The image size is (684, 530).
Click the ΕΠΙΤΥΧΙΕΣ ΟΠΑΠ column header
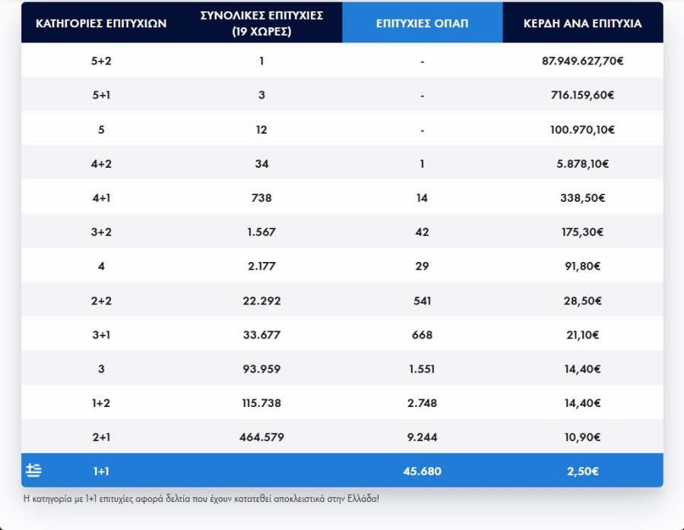[422, 23]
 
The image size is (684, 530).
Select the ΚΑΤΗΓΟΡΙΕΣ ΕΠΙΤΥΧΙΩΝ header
[101, 23]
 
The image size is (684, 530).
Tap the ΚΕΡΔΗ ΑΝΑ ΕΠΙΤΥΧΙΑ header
[582, 23]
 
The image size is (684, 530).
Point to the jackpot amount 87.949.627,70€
[582, 61]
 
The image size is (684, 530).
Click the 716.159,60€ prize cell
[582, 96]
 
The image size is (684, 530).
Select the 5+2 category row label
[101, 61]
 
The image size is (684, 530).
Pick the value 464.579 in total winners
[261, 437]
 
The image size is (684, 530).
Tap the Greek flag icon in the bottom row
[33, 471]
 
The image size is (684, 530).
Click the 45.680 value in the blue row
[422, 472]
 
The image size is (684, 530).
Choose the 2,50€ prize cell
[582, 472]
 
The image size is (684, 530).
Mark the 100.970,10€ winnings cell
[582, 130]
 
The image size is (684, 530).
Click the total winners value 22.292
[261, 301]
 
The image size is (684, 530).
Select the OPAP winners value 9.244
[422, 437]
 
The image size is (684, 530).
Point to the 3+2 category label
[101, 232]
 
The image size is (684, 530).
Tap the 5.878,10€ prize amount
[582, 164]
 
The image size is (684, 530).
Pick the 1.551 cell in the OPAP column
[422, 369]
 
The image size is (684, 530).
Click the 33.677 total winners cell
[261, 335]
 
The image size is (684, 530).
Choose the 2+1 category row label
[101, 437]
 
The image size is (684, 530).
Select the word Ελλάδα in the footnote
[359, 498]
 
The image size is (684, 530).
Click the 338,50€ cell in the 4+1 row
[582, 198]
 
